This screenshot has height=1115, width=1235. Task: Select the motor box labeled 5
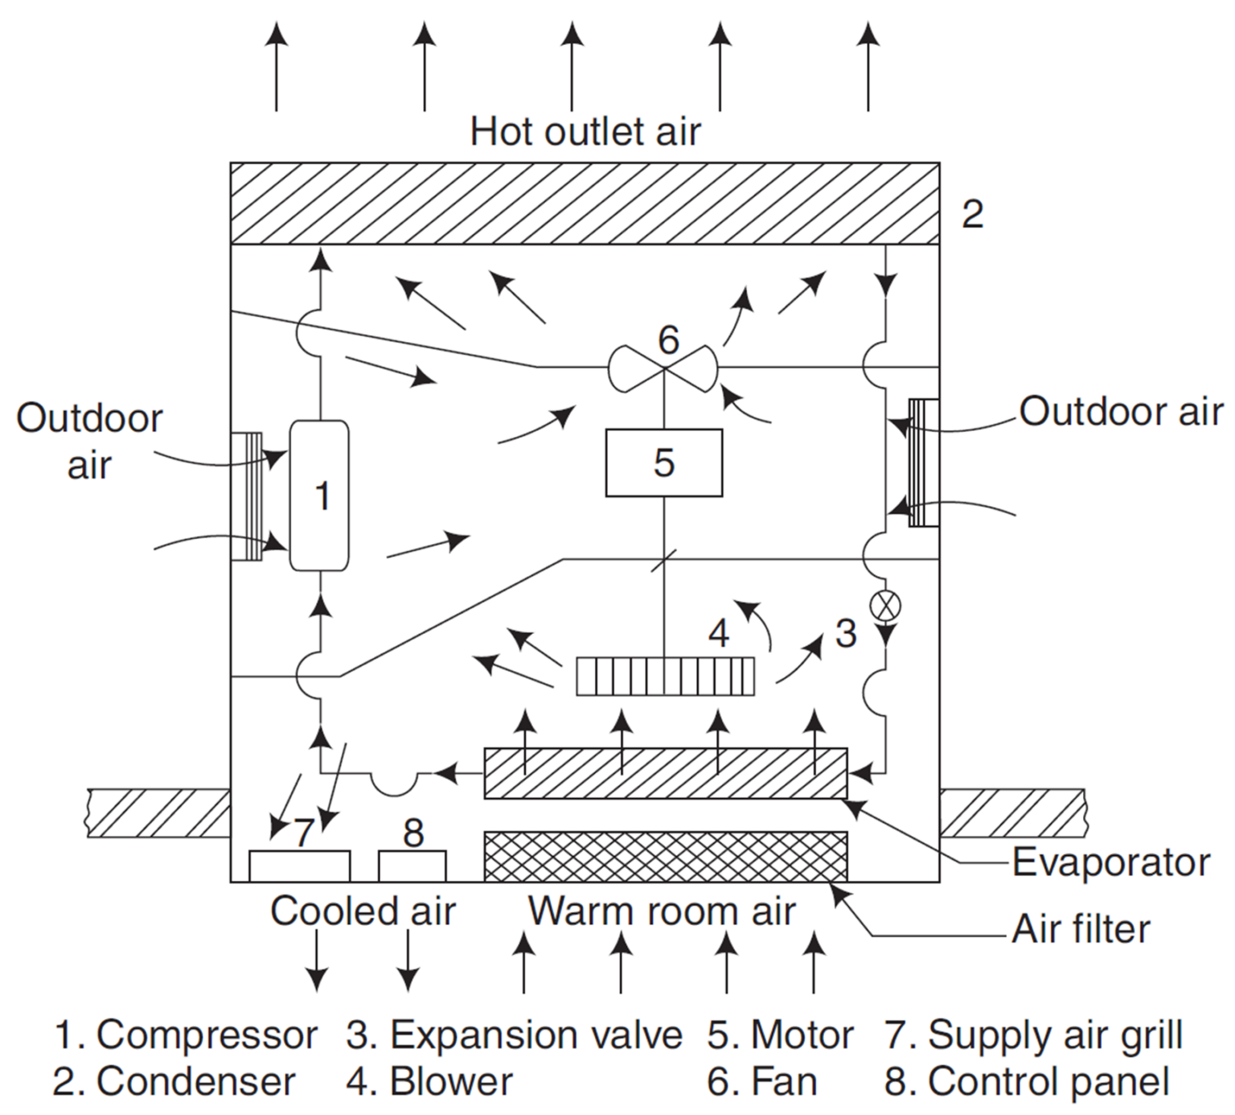(663, 463)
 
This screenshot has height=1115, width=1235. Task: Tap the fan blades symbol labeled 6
(663, 368)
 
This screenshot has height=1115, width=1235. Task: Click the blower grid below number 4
(666, 676)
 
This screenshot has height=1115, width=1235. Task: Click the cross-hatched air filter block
(665, 856)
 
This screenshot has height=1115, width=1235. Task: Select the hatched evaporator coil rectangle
(665, 773)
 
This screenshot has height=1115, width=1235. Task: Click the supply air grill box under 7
(299, 866)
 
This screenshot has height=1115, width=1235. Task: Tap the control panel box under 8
(412, 866)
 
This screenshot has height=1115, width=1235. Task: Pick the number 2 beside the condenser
(972, 214)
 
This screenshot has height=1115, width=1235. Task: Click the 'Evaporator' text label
(1110, 862)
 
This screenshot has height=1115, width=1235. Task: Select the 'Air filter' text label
(1080, 929)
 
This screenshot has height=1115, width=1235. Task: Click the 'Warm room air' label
(661, 911)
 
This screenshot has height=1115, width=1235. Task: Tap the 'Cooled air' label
(363, 911)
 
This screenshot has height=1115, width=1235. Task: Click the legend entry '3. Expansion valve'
(514, 1035)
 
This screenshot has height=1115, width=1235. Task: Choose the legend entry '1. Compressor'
(185, 1035)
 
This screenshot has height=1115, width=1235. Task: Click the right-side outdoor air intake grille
(923, 463)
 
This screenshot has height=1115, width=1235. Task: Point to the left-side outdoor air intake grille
(245, 496)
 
